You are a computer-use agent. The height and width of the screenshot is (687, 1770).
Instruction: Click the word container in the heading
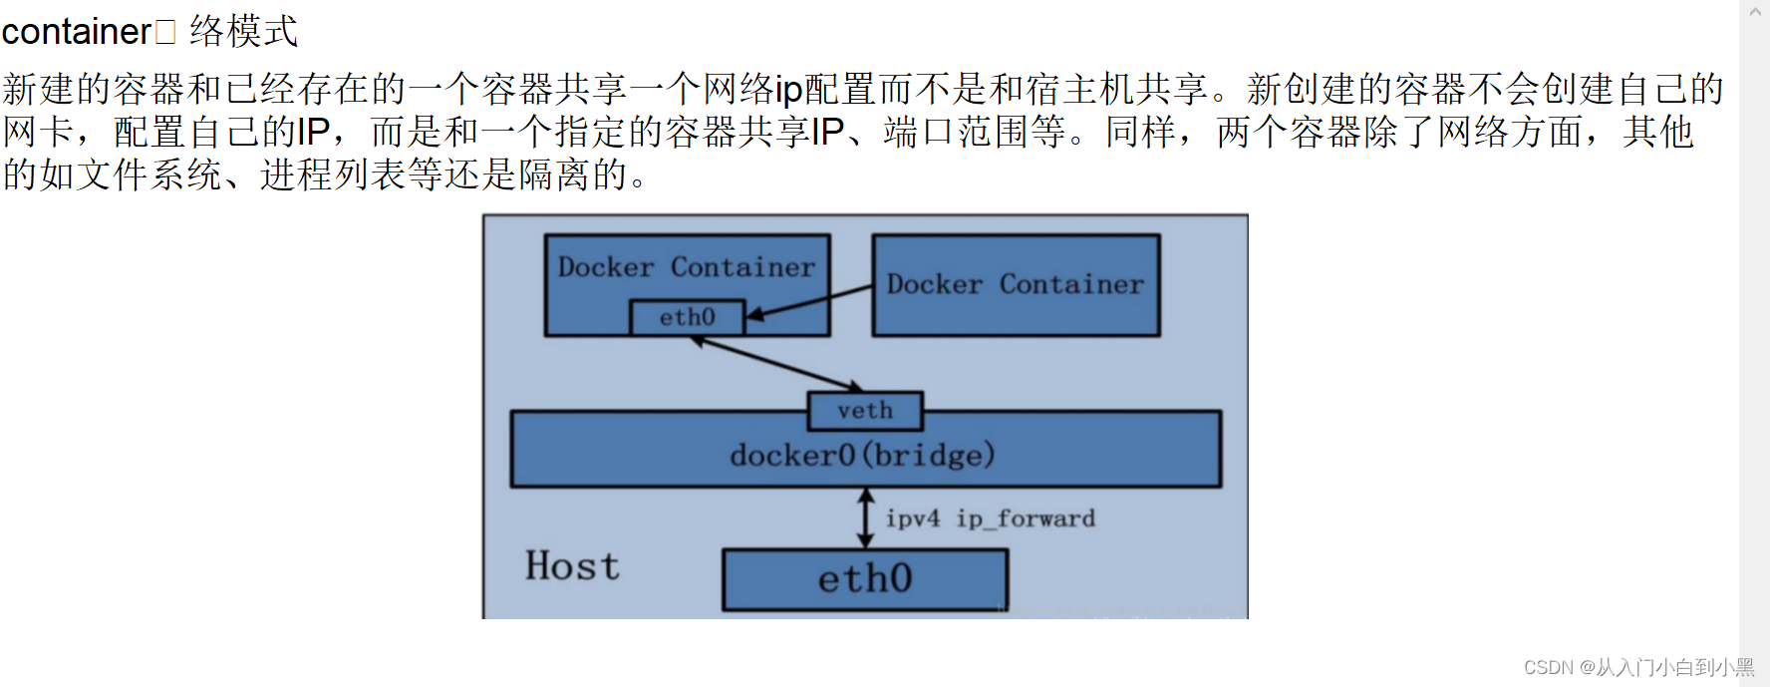[x=76, y=32]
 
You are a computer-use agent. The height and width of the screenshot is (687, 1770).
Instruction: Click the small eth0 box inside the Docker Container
[x=687, y=317]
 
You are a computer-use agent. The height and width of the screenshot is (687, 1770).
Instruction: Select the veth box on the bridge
[x=865, y=411]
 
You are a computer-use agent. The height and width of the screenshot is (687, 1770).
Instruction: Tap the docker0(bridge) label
[x=862, y=456]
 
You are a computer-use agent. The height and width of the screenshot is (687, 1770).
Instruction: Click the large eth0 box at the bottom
[x=865, y=579]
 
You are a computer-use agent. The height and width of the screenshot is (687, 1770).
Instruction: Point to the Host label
[x=572, y=566]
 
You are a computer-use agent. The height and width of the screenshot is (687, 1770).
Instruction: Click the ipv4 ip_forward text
[x=990, y=518]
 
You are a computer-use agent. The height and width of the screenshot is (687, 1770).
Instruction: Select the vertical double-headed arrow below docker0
[x=865, y=517]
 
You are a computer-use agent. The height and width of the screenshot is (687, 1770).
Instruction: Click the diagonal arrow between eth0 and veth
[x=777, y=364]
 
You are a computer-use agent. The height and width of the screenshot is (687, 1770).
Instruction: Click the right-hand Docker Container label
[x=1015, y=284]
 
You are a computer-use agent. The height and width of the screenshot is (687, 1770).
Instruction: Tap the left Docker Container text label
[x=687, y=267]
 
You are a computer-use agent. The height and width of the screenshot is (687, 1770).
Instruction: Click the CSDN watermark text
[x=1638, y=667]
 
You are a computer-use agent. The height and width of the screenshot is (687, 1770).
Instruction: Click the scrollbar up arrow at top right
[x=1755, y=12]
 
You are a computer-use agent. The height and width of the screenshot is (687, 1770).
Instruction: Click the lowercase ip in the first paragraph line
[x=788, y=90]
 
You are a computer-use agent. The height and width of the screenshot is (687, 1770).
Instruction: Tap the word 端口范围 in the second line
[x=956, y=133]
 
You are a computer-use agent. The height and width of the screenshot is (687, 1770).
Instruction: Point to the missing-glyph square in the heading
[x=165, y=33]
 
